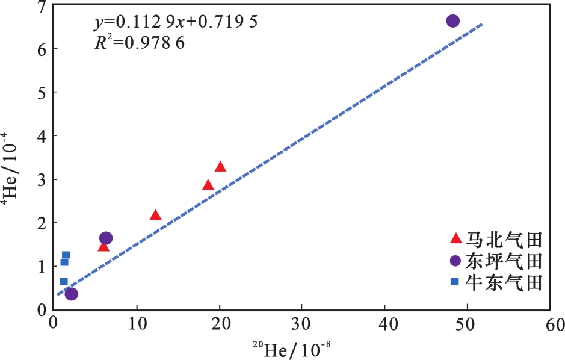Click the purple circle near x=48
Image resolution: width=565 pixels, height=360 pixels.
(452, 21)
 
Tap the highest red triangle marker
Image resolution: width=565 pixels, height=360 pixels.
(220, 167)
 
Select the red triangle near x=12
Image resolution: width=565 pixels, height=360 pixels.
(155, 215)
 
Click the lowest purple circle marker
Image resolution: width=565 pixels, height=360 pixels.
(71, 294)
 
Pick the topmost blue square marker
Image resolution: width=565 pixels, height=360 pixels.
(66, 255)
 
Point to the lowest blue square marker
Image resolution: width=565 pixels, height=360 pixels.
(64, 281)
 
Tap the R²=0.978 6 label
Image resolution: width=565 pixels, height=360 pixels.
(139, 43)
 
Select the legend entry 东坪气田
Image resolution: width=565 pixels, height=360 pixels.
(497, 261)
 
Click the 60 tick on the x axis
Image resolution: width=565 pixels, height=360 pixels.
(551, 325)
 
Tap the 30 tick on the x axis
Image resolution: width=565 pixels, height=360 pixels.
(303, 325)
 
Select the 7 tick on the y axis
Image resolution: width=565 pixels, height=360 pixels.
(41, 8)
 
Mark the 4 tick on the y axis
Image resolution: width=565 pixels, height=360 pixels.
(41, 136)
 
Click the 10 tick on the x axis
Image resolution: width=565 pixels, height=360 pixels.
(137, 325)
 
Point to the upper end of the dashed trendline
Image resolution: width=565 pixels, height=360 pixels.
(481, 24)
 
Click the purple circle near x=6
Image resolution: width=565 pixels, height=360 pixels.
(105, 238)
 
